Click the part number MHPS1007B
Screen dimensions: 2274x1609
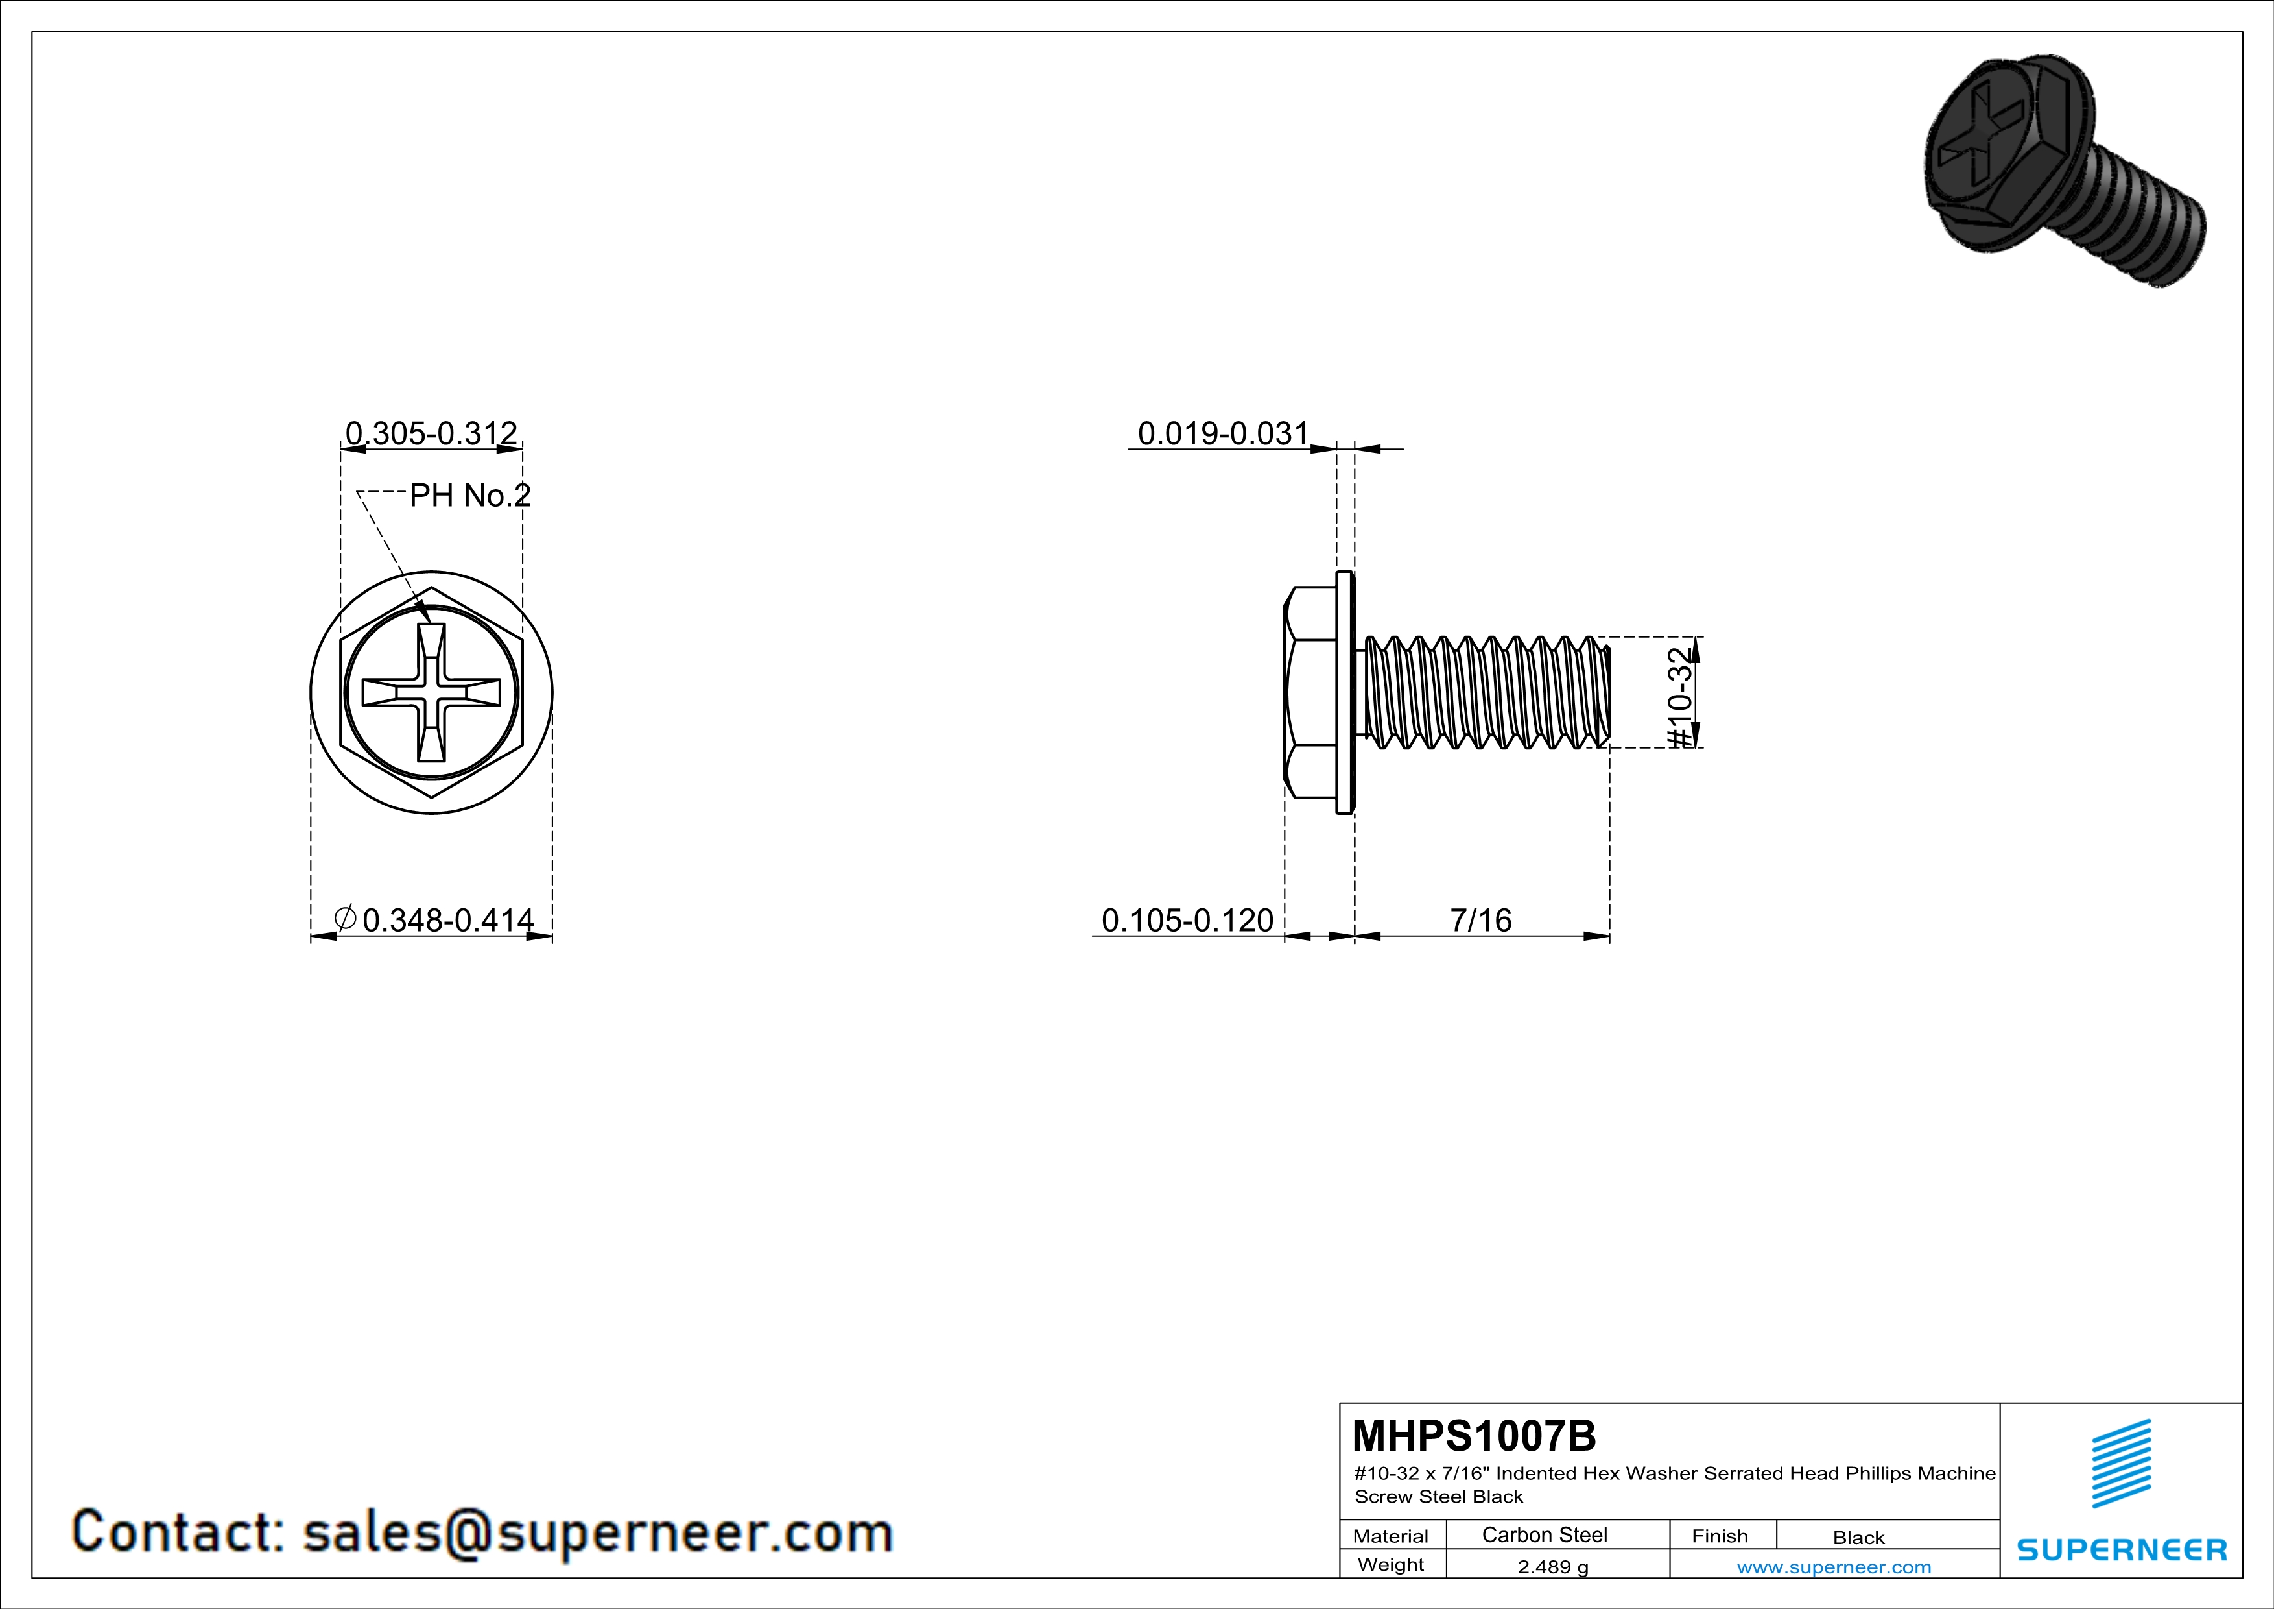pyautogui.click(x=1474, y=1436)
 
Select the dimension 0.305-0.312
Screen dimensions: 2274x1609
pyautogui.click(x=431, y=433)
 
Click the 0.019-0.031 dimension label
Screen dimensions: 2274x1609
pyautogui.click(x=1223, y=433)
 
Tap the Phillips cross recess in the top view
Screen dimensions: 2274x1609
pyautogui.click(x=431, y=692)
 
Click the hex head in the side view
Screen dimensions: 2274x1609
pyautogui.click(x=1310, y=692)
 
